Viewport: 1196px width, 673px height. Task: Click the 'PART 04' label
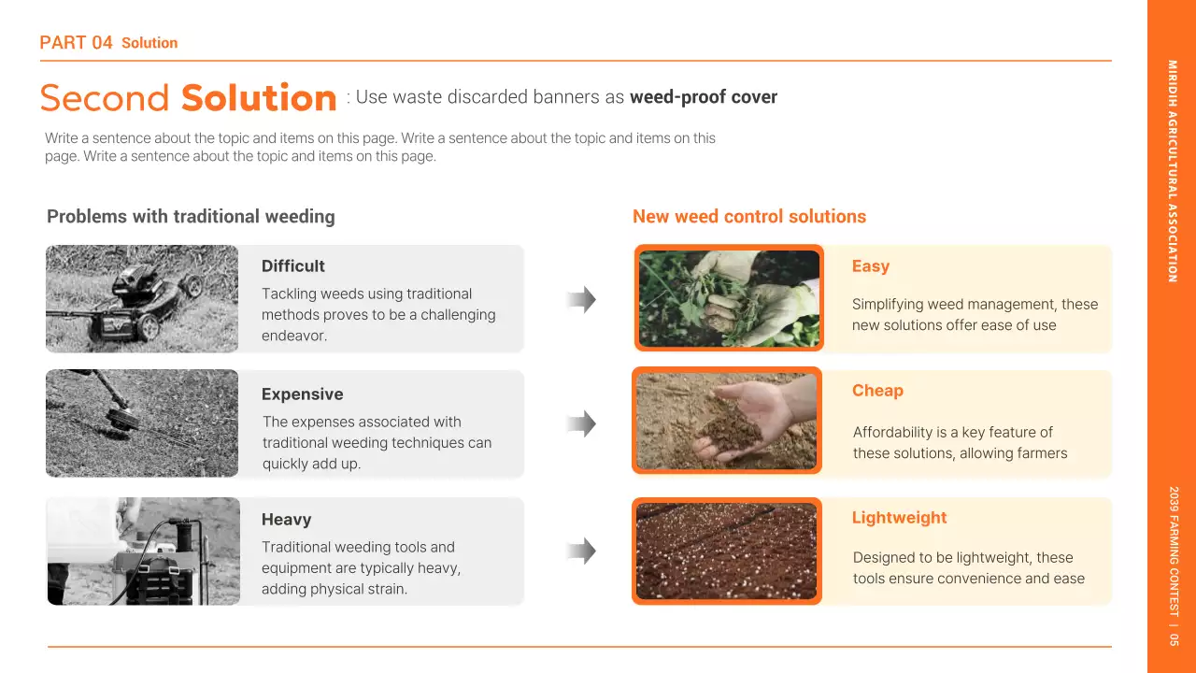[x=77, y=43]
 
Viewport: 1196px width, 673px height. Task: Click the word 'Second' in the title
[x=105, y=98]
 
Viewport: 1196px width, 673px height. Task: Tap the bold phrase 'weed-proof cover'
[x=704, y=97]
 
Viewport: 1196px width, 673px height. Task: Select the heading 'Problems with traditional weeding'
[x=191, y=217]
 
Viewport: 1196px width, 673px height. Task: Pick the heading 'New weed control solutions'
[x=749, y=217]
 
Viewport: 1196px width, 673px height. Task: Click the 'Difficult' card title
[x=293, y=266]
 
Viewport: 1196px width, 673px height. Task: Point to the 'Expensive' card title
[x=302, y=394]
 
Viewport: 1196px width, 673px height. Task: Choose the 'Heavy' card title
[x=286, y=520]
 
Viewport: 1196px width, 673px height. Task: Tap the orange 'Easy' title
[x=870, y=266]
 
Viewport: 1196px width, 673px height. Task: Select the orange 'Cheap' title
[x=877, y=391]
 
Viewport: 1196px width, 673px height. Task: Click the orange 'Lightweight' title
[x=899, y=518]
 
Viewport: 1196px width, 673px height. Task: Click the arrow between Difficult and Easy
[x=581, y=300]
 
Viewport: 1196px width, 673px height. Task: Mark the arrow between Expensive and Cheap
[x=581, y=424]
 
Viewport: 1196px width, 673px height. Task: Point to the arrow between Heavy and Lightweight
[x=581, y=551]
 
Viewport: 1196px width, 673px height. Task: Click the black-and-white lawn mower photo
[x=142, y=299]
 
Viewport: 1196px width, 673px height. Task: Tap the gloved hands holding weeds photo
[x=728, y=298]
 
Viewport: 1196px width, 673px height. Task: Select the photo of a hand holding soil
[x=726, y=421]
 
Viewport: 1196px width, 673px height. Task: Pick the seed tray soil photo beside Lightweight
[x=726, y=551]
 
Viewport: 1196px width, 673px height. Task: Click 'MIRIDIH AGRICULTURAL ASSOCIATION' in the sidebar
[x=1172, y=171]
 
